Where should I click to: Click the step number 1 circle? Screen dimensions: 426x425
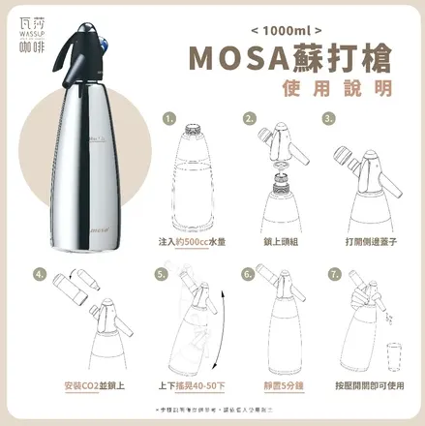click(169, 120)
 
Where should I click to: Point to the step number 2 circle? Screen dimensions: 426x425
click(250, 120)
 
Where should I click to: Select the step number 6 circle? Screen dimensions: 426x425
click(250, 274)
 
